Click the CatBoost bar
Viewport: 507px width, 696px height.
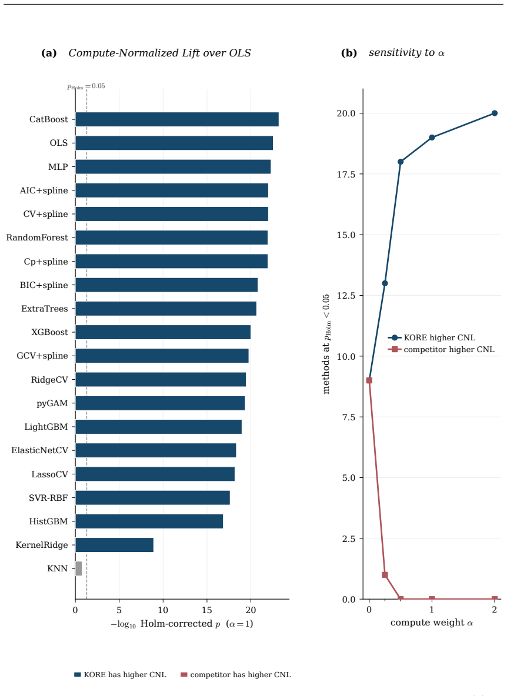[x=177, y=119]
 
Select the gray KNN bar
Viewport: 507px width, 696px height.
[x=79, y=568]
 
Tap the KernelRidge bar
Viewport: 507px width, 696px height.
[x=115, y=545]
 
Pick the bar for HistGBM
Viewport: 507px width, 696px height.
[x=149, y=521]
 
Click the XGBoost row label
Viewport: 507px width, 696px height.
[x=50, y=332]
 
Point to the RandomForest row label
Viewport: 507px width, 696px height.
[x=37, y=237]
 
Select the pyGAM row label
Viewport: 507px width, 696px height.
[x=52, y=403]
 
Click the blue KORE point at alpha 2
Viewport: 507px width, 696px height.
[x=495, y=113]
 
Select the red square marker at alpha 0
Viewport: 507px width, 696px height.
[x=369, y=380]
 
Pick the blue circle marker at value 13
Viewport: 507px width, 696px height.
[x=385, y=283]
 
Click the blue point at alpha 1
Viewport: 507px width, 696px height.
[x=432, y=138]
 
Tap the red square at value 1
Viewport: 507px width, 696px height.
[x=385, y=575]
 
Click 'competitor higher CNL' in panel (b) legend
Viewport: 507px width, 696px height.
[x=449, y=349]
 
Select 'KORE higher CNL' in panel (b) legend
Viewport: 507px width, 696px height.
[x=439, y=338]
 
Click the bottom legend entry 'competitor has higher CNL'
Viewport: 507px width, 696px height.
[x=241, y=675]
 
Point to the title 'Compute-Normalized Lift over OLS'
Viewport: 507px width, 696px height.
[x=159, y=53]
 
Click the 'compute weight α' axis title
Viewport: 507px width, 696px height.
[x=432, y=623]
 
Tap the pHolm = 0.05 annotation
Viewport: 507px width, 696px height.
[x=86, y=86]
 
